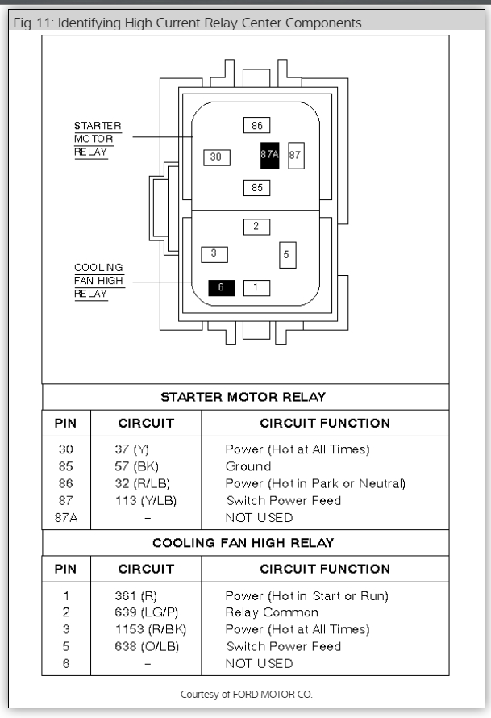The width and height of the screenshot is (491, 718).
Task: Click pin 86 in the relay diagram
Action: point(257,126)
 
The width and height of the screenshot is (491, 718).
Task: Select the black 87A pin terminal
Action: point(270,155)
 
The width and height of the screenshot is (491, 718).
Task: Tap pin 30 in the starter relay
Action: point(215,157)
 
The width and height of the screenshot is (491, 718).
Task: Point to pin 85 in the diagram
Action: point(257,188)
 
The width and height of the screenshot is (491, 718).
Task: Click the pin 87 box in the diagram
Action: point(296,155)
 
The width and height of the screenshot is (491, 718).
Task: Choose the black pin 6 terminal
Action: point(221,287)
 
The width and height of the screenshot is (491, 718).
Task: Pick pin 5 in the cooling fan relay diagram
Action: point(288,255)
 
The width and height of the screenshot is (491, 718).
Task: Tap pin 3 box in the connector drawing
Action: point(214,253)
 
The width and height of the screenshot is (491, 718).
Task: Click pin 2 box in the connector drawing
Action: point(256,227)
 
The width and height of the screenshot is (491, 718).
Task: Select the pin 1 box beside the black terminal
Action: point(256,287)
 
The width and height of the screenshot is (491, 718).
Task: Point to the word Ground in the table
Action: point(248,466)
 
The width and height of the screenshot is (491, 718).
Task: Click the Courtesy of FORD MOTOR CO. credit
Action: point(245,692)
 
